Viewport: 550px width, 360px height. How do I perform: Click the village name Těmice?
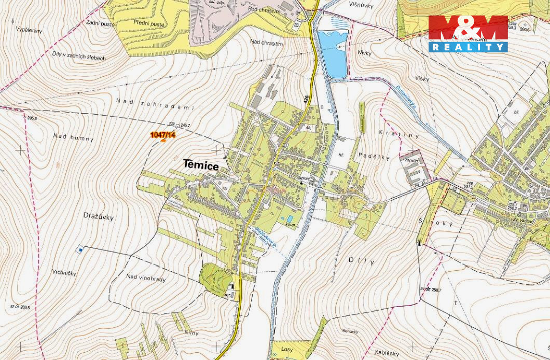tap(200, 165)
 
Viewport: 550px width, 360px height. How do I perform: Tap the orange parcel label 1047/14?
tap(162, 135)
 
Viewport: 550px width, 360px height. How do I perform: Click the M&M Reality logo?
tap(467, 34)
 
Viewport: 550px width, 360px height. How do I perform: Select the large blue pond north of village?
tap(332, 53)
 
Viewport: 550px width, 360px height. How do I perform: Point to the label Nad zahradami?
tap(155, 104)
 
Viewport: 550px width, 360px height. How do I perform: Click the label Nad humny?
tap(73, 137)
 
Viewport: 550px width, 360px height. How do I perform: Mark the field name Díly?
tap(361, 261)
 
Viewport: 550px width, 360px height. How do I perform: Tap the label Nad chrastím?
tap(267, 43)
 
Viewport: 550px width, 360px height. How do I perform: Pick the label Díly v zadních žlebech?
tap(79, 56)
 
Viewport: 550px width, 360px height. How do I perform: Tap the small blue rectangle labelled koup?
tap(290, 218)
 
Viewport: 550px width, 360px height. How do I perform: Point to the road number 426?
tap(307, 98)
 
